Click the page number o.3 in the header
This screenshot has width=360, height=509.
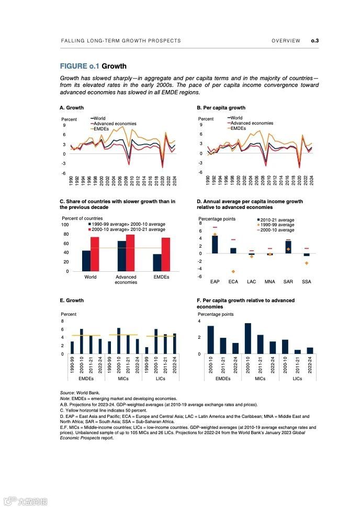(x=315, y=40)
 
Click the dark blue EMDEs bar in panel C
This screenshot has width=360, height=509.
(x=156, y=262)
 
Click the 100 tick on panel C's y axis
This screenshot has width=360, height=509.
(x=65, y=225)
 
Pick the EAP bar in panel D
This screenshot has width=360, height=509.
(x=215, y=245)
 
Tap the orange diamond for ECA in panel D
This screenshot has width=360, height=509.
(x=233, y=271)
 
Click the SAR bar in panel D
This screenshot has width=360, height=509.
(x=288, y=247)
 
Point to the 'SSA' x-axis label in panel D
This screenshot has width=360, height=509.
(x=307, y=282)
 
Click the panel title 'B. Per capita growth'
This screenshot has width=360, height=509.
(x=221, y=108)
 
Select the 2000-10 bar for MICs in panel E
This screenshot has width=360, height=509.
(x=119, y=341)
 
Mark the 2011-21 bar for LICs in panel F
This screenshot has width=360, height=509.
(x=298, y=352)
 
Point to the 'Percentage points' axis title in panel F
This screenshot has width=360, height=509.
(x=215, y=314)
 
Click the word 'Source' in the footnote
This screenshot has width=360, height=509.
(x=66, y=392)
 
